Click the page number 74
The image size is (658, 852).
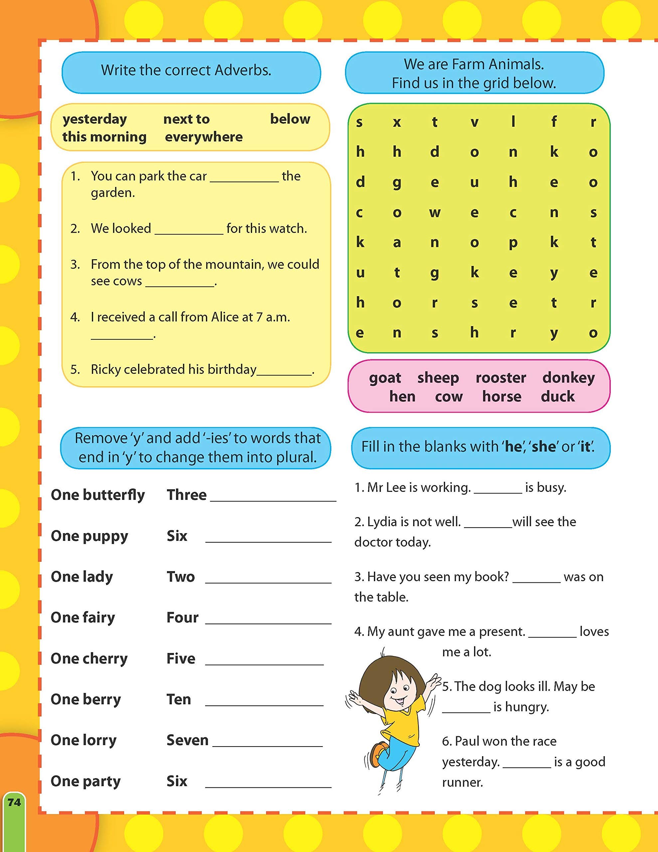[x=14, y=802]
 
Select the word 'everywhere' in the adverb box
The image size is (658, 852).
[x=204, y=137]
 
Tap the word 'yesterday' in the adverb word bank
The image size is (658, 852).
[x=95, y=119]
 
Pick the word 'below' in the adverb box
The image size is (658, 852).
[x=290, y=119]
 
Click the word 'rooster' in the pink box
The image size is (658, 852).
[x=501, y=378]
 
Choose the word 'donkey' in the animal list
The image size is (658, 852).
[x=568, y=378]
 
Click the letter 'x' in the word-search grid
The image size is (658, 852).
[x=397, y=122]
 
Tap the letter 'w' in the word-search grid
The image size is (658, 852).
[x=434, y=213]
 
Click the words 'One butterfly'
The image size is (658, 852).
[x=97, y=495]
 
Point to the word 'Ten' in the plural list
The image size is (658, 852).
[x=179, y=699]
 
